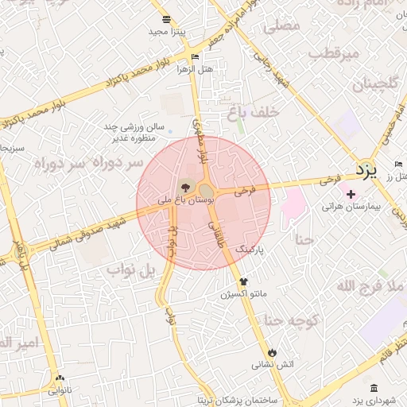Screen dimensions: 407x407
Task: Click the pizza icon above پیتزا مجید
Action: [165, 20]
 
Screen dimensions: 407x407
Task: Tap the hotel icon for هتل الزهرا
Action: [196, 56]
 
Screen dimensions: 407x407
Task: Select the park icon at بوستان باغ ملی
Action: [186, 188]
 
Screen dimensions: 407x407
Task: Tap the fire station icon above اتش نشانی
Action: [273, 351]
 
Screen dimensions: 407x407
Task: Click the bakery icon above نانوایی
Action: [59, 378]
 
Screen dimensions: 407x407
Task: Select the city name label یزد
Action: [366, 169]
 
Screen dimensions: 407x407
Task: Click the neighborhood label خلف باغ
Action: [254, 113]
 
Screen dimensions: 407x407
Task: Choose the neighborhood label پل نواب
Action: [127, 271]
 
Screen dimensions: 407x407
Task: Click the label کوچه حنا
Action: [293, 320]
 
